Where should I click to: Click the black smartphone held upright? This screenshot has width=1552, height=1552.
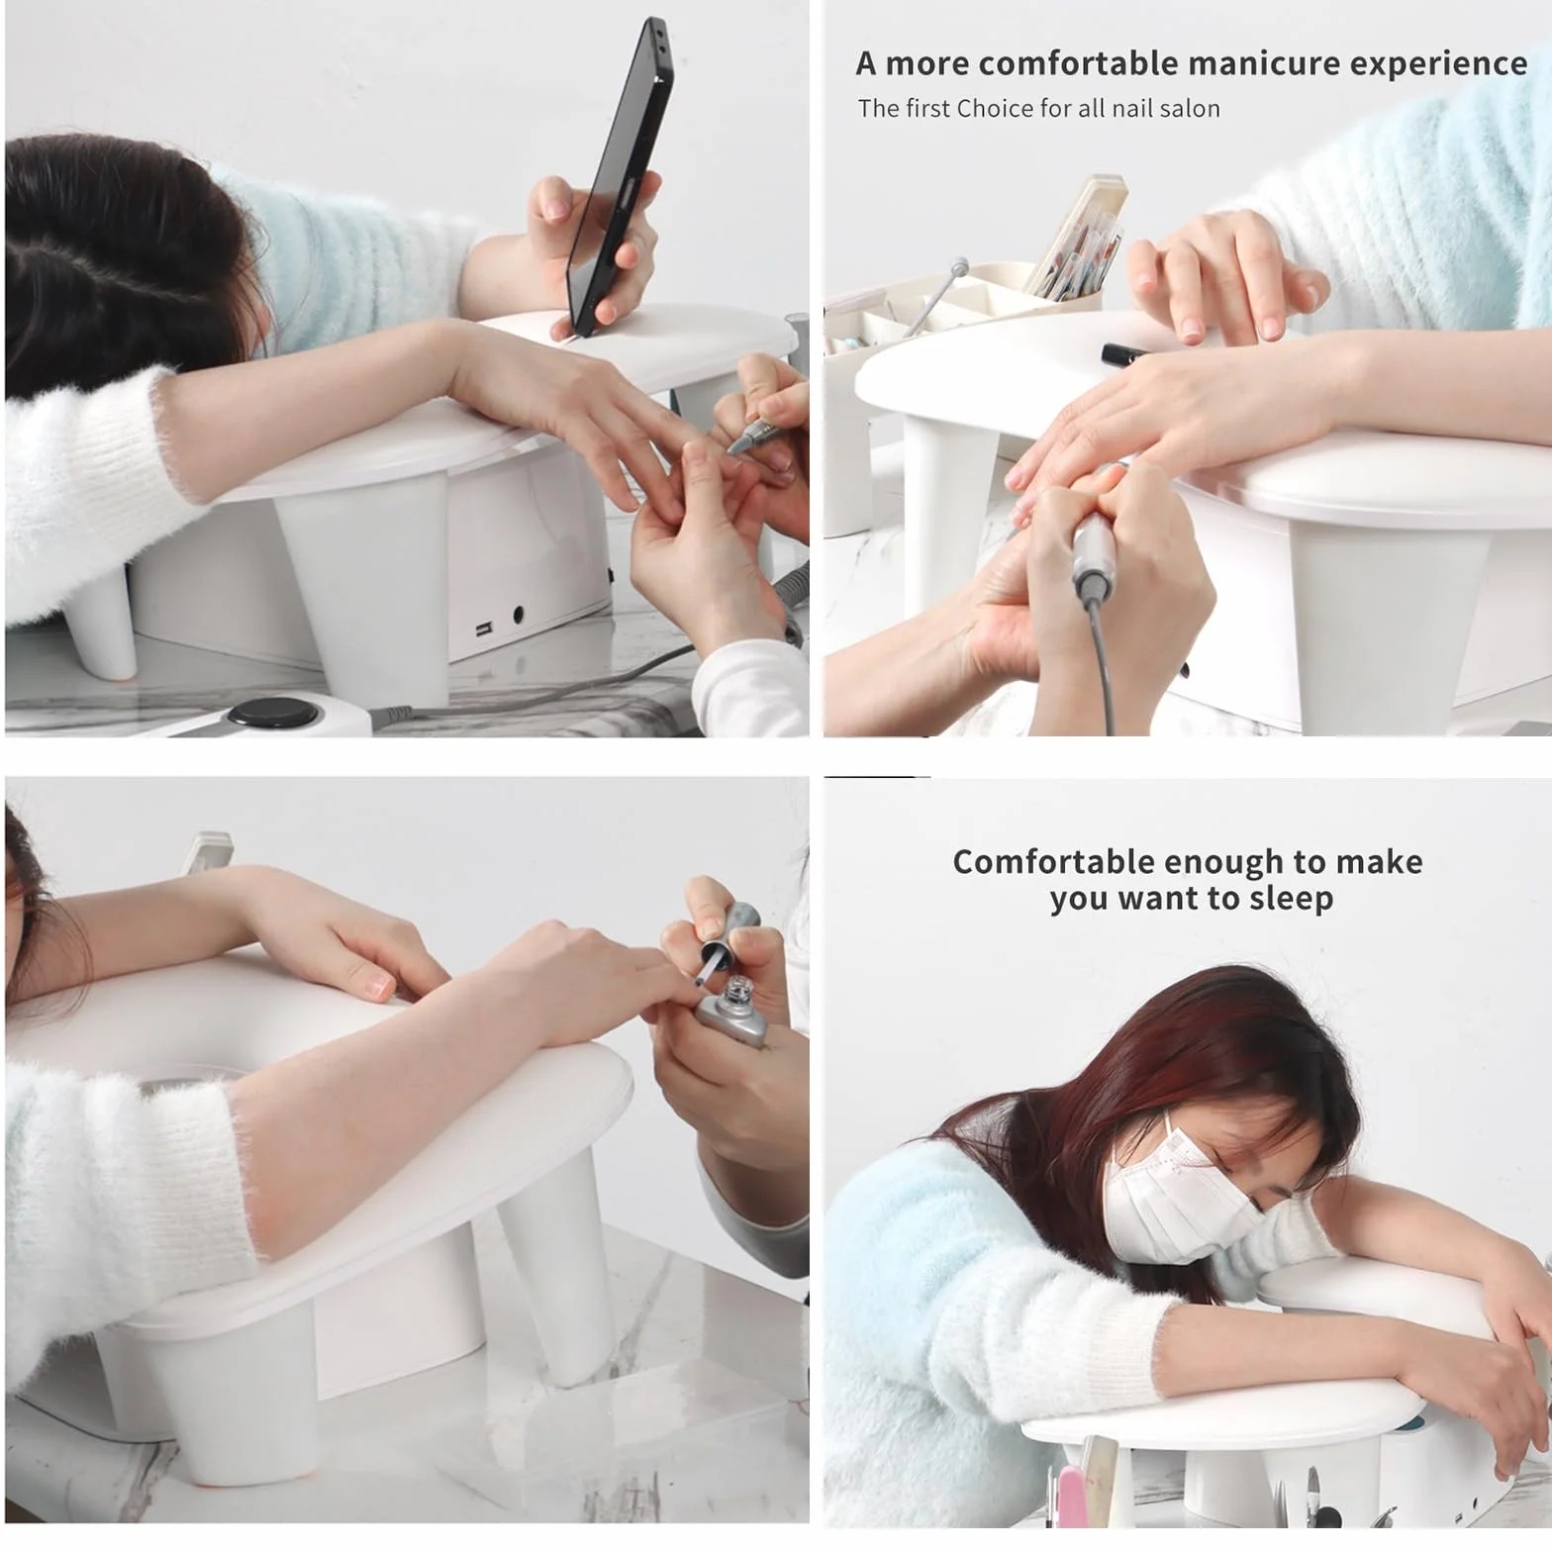(x=619, y=178)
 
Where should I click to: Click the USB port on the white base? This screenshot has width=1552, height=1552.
(x=483, y=630)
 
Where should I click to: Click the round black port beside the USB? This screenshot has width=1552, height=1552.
(x=518, y=615)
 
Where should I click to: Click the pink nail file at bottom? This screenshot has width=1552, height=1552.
(x=1071, y=1495)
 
